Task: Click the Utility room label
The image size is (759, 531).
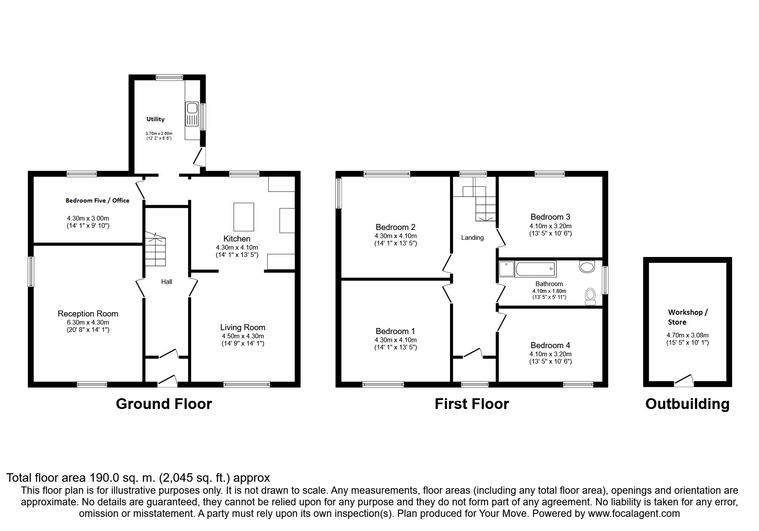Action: tap(155, 119)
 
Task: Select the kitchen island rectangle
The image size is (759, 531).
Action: tap(243, 217)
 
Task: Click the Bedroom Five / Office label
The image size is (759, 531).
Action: tap(97, 200)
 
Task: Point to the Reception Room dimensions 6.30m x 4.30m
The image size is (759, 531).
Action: tap(87, 322)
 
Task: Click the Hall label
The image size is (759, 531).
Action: tap(167, 281)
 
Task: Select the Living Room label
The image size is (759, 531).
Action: tap(243, 328)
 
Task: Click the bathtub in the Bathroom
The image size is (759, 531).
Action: tap(536, 269)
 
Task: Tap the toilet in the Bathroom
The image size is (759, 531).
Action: tap(591, 296)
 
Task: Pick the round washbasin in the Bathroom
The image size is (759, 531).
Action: tap(587, 267)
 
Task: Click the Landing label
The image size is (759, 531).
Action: tap(472, 238)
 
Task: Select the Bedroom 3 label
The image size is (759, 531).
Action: tap(550, 217)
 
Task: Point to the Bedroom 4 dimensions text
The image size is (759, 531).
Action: tap(550, 358)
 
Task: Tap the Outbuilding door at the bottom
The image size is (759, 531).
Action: tap(684, 381)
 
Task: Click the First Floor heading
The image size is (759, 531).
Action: tap(471, 404)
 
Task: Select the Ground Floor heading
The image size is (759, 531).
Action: tap(164, 404)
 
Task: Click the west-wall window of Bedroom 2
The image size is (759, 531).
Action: tap(339, 193)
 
